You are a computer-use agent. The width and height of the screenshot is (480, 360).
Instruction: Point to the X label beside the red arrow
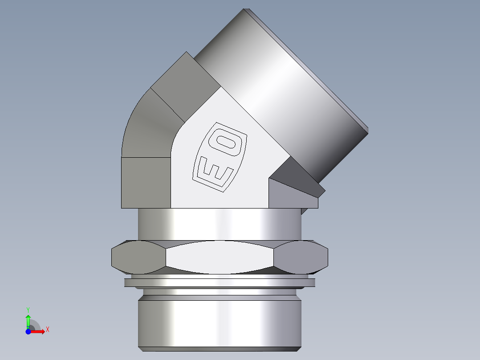47,330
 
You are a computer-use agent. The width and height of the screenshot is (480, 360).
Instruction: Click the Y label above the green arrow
28,309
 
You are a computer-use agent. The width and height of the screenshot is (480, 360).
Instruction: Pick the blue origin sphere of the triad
28,331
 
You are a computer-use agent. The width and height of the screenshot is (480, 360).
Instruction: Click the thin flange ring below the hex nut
220,282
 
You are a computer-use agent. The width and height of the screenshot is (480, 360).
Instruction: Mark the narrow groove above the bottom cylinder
220,295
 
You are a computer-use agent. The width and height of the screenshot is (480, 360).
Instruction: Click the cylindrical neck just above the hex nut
220,225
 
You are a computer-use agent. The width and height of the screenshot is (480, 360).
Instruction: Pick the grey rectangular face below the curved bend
146,182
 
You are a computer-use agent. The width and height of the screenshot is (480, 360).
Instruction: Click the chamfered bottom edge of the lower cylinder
220,347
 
